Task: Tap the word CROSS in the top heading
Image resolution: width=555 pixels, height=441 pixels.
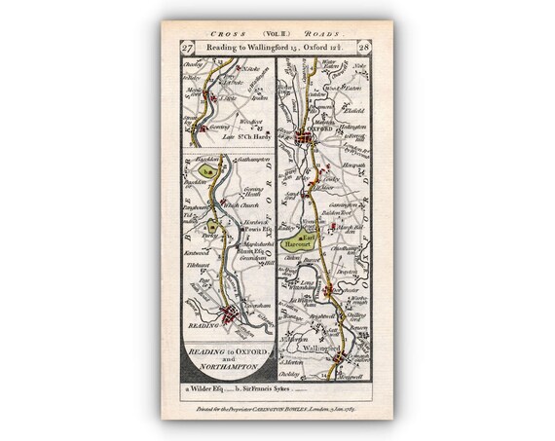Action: [x=206, y=30]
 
